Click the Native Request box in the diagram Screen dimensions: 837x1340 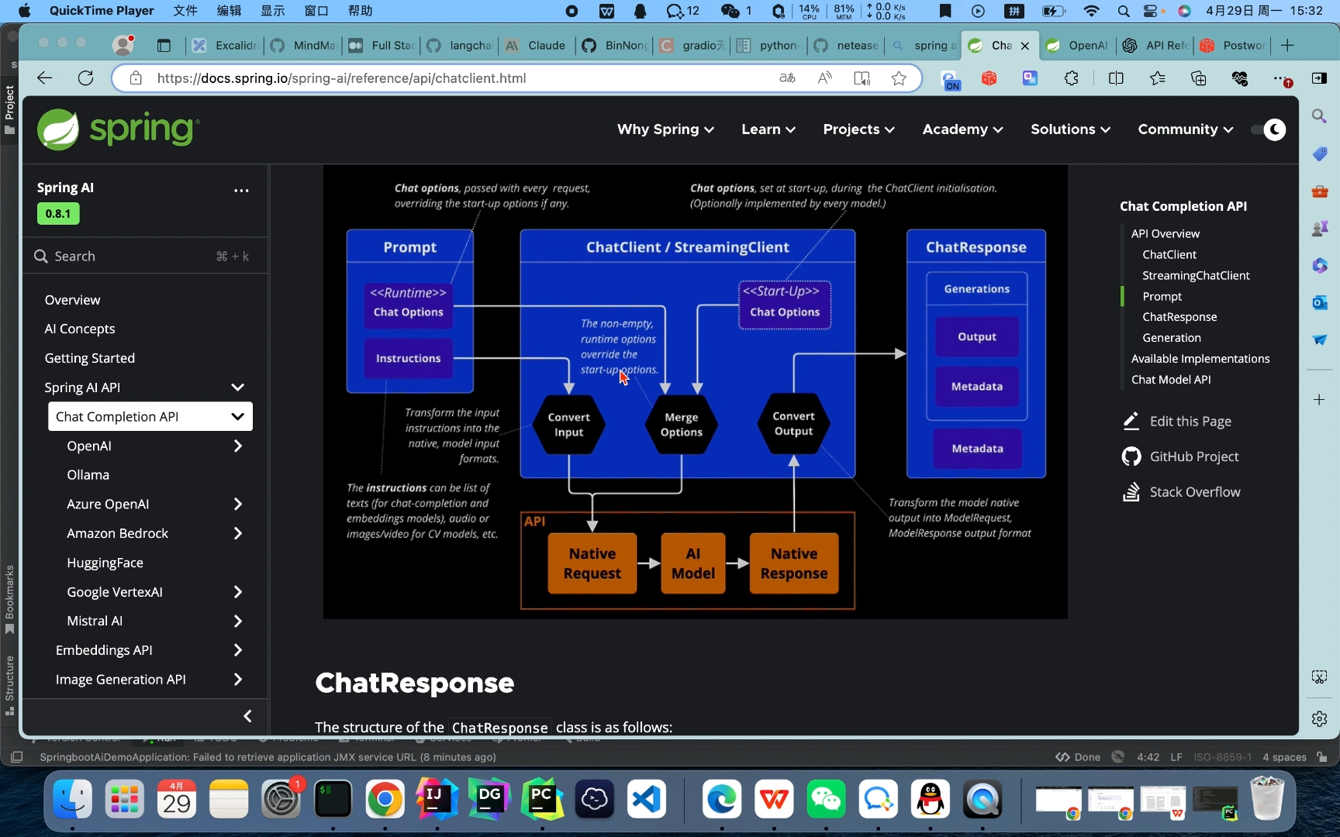point(592,563)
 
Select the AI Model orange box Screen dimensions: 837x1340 point(693,563)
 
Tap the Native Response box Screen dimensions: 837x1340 point(794,563)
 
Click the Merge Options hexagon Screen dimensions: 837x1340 point(682,425)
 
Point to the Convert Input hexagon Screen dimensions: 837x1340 point(569,425)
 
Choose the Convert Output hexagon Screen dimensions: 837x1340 point(794,424)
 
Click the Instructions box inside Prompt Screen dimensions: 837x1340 point(409,358)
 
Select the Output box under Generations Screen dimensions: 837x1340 point(977,337)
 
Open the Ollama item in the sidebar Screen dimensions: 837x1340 point(88,475)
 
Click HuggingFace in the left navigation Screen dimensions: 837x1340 point(105,563)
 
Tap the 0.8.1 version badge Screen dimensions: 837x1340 point(58,214)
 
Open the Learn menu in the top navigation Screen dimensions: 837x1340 point(768,129)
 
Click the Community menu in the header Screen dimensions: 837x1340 point(1185,129)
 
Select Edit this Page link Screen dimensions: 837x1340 point(1190,422)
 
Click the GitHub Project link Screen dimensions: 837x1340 point(1194,457)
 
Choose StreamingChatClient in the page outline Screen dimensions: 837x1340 point(1196,275)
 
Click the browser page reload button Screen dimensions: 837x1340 point(86,78)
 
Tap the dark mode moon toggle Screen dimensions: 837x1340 point(1274,129)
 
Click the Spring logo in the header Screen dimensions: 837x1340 point(119,129)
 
